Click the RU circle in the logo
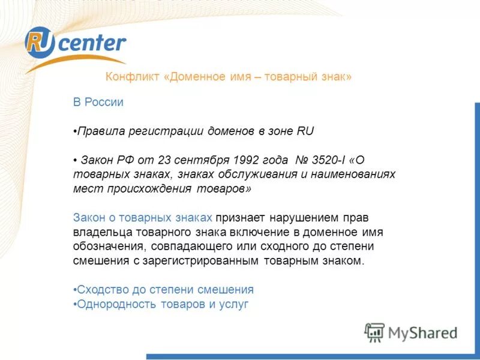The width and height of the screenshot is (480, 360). [40, 43]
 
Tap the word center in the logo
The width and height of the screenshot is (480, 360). [92, 43]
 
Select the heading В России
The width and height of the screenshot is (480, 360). [98, 103]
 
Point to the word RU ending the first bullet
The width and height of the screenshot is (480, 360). [305, 131]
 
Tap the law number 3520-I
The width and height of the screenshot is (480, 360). [328, 161]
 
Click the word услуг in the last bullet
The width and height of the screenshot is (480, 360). [234, 304]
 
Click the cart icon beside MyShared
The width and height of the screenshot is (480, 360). [374, 332]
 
